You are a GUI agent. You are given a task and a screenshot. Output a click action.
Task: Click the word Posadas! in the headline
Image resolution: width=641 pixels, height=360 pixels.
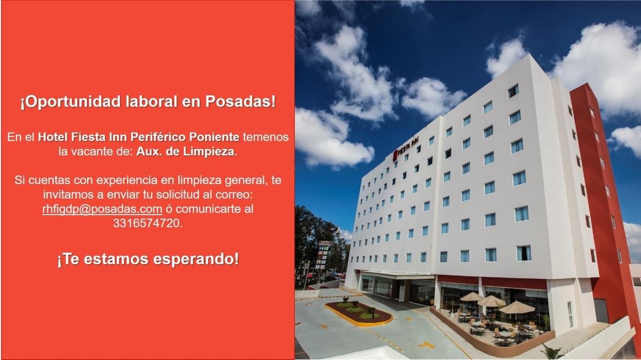coord(241,102)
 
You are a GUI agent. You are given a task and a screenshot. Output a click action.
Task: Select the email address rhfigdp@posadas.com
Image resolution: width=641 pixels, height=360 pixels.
coord(102,209)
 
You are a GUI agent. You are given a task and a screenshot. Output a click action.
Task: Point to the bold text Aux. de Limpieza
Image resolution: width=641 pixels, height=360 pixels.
coord(185,151)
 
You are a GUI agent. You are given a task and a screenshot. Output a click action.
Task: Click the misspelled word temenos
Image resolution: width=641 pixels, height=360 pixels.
coord(266,137)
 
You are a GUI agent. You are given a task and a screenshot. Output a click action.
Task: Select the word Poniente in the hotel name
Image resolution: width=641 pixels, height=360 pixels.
coord(214,137)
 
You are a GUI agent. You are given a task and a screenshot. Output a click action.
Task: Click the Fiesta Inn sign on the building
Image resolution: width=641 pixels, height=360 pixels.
coord(406,147)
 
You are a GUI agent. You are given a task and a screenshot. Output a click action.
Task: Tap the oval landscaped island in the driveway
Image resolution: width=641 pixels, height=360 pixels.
coord(358,313)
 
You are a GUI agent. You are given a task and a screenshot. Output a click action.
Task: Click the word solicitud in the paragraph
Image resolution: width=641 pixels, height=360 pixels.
coord(178,194)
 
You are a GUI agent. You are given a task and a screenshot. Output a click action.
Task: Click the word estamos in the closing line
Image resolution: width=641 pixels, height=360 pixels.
coord(116,259)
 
